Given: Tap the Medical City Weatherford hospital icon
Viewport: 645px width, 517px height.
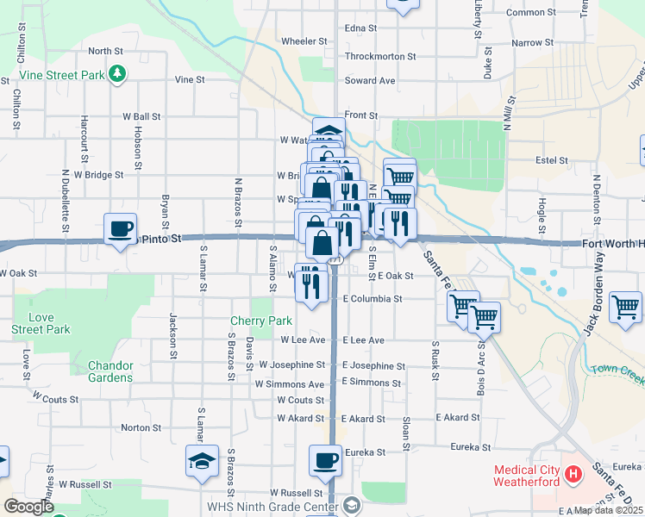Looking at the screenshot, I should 572,474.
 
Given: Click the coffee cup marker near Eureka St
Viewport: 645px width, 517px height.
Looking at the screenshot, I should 325,460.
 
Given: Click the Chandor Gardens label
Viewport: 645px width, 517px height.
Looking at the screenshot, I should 110,371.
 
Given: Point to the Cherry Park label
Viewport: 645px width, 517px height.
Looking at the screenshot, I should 261,321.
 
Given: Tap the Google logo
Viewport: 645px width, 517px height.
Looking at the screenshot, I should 28,507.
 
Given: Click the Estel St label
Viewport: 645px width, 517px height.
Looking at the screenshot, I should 551,160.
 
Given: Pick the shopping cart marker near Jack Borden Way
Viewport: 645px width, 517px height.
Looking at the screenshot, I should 625,307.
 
